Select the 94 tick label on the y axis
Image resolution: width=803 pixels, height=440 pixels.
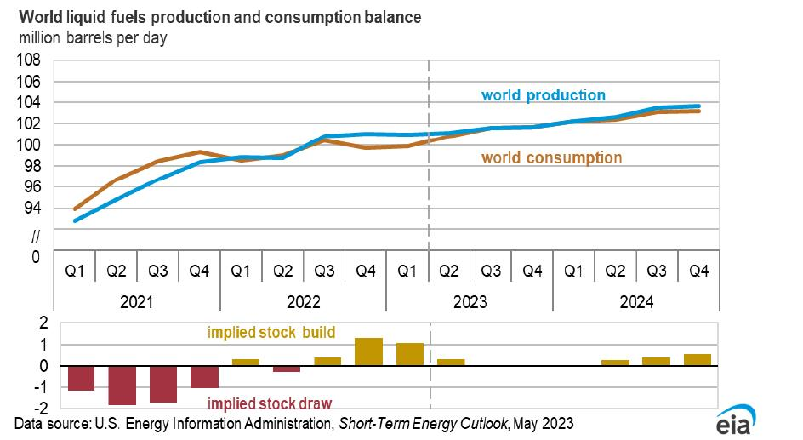32,208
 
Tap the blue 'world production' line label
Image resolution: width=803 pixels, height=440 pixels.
543,95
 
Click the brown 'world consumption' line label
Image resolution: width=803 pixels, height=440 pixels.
551,157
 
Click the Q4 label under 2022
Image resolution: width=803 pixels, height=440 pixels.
366,271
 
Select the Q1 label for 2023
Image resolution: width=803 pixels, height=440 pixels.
407,271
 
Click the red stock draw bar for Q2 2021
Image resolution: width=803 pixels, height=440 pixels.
122,386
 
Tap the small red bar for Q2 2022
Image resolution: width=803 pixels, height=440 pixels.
285,369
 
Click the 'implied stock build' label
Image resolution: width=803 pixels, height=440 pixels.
271,333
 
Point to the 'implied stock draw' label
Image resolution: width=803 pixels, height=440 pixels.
271,403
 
